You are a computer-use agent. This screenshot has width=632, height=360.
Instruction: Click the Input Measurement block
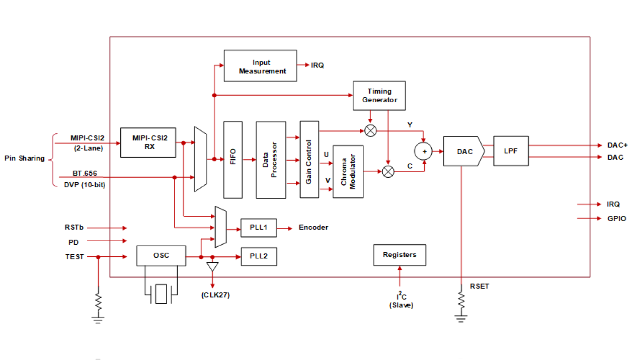tap(260, 66)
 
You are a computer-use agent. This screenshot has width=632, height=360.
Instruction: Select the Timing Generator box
tap(379, 96)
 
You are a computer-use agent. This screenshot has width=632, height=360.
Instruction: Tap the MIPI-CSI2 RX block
tap(148, 142)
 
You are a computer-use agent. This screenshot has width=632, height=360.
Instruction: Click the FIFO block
tap(232, 160)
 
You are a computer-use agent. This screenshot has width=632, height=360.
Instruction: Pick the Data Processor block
tap(271, 160)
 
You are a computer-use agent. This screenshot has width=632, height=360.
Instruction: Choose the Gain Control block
tap(309, 160)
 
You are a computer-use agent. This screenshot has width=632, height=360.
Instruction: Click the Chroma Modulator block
tap(348, 172)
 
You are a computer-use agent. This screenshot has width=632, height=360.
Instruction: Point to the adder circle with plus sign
tap(424, 151)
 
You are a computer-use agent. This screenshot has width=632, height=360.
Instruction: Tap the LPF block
tap(511, 151)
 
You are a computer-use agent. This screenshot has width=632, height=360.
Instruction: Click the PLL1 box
tap(259, 228)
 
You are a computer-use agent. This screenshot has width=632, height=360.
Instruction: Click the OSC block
tap(161, 256)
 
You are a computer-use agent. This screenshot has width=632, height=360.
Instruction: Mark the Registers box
tap(400, 255)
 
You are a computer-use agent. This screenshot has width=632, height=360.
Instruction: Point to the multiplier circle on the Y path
tap(371, 131)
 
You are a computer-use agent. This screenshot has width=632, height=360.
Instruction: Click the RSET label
tap(479, 286)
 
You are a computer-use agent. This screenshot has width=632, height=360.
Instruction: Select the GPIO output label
tap(616, 219)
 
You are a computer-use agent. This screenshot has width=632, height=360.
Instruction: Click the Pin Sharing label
tap(24, 158)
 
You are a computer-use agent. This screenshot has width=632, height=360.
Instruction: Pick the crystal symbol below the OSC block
tap(161, 294)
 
